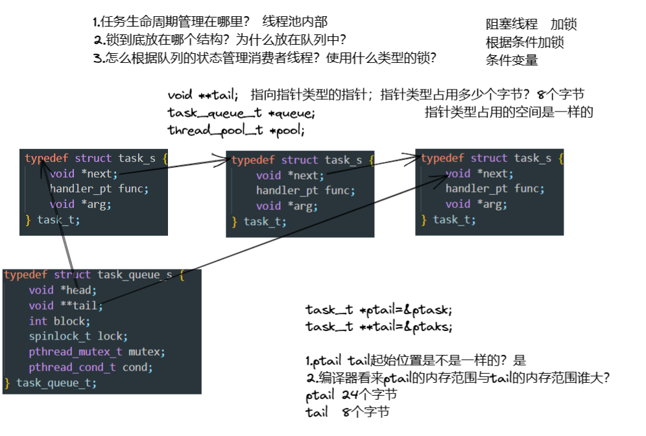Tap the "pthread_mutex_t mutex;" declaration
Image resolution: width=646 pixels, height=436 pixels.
(x=97, y=352)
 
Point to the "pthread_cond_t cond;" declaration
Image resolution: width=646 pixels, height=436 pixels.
(x=90, y=368)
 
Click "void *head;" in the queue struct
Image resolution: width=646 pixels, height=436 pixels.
(x=62, y=290)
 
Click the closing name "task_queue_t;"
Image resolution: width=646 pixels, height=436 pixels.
(x=56, y=384)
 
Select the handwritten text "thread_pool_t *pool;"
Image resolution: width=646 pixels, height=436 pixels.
(x=236, y=130)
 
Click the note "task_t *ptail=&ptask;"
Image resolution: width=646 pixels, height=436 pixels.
(x=379, y=310)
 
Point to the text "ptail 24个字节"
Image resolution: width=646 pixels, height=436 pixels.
(x=351, y=395)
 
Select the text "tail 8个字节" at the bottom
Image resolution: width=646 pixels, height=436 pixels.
(x=347, y=412)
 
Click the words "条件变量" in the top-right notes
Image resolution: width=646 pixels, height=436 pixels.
(x=512, y=60)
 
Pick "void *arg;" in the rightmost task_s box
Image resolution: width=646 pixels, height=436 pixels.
(x=475, y=204)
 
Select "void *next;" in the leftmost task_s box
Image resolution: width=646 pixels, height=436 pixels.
(x=84, y=173)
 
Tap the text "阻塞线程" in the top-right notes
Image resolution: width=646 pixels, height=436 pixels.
(x=512, y=25)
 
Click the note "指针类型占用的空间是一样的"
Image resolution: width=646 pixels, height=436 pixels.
(x=508, y=112)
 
